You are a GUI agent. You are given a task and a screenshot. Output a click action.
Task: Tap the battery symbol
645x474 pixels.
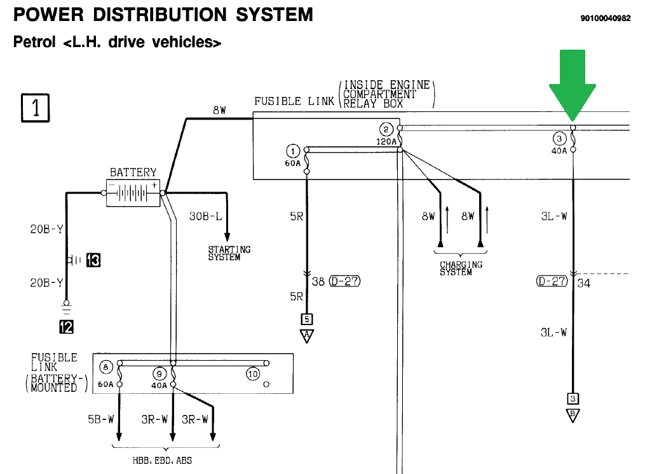click(133, 193)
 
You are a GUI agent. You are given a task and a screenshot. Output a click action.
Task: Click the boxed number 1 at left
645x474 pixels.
click(36, 108)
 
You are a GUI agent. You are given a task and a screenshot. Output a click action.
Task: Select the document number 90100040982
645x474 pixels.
click(605, 18)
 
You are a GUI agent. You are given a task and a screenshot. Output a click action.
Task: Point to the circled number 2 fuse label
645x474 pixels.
click(386, 129)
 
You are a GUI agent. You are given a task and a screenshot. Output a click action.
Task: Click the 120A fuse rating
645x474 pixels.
click(386, 141)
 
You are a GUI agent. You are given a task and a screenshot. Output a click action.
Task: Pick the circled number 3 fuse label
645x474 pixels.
click(559, 139)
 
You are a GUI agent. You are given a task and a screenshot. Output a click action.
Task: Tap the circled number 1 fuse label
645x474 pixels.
click(292, 151)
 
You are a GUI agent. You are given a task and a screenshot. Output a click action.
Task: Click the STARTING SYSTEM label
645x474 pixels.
click(229, 253)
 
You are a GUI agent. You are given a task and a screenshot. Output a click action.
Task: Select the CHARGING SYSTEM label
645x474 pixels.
click(461, 268)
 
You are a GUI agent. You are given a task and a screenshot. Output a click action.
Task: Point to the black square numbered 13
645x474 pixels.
click(93, 260)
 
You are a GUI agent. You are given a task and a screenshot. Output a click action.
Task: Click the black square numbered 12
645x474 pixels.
click(66, 327)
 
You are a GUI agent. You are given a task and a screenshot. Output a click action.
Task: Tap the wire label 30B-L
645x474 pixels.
click(205, 216)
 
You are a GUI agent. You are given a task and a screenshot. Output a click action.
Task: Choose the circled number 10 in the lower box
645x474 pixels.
click(253, 373)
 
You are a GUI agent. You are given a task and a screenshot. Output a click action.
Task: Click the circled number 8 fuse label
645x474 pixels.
click(106, 366)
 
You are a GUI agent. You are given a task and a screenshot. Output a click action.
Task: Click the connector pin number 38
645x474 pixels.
click(318, 281)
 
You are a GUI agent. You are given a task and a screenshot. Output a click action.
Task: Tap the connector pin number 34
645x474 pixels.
click(583, 283)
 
